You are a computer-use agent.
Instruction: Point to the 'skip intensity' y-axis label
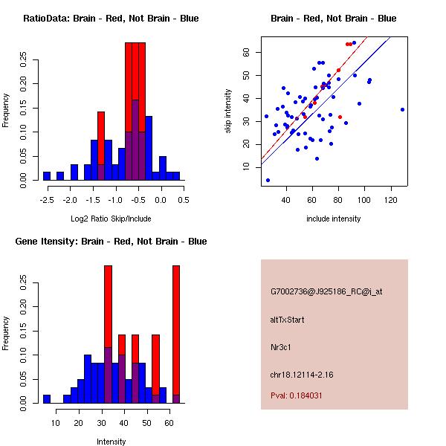(x=230, y=111)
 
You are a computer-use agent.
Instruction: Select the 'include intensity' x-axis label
(x=334, y=219)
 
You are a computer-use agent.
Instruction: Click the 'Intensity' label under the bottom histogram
(x=111, y=442)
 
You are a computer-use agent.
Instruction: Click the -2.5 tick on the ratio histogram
(x=47, y=199)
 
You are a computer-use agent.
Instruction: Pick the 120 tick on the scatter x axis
(x=391, y=199)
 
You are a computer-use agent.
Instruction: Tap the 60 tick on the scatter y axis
(x=245, y=52)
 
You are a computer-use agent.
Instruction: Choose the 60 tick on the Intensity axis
(x=170, y=422)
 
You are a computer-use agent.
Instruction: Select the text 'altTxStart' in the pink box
(x=288, y=320)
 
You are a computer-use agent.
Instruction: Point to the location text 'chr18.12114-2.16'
(x=301, y=375)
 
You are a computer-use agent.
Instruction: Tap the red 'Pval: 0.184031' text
(x=296, y=395)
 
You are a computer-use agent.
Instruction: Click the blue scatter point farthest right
(x=402, y=109)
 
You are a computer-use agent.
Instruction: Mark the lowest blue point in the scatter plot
(x=268, y=180)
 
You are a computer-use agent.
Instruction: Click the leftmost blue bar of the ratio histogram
(x=47, y=175)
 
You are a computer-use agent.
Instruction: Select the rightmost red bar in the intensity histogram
(x=176, y=334)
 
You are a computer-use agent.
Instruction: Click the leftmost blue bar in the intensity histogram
(x=47, y=398)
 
